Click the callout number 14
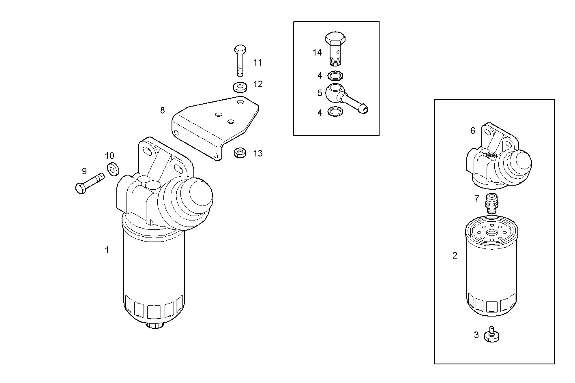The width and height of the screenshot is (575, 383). coord(317,52)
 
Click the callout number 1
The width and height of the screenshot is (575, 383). coord(107,250)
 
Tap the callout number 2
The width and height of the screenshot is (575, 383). coord(455,255)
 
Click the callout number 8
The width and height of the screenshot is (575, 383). coord(163,110)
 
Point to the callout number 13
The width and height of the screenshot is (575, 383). coord(258,154)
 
